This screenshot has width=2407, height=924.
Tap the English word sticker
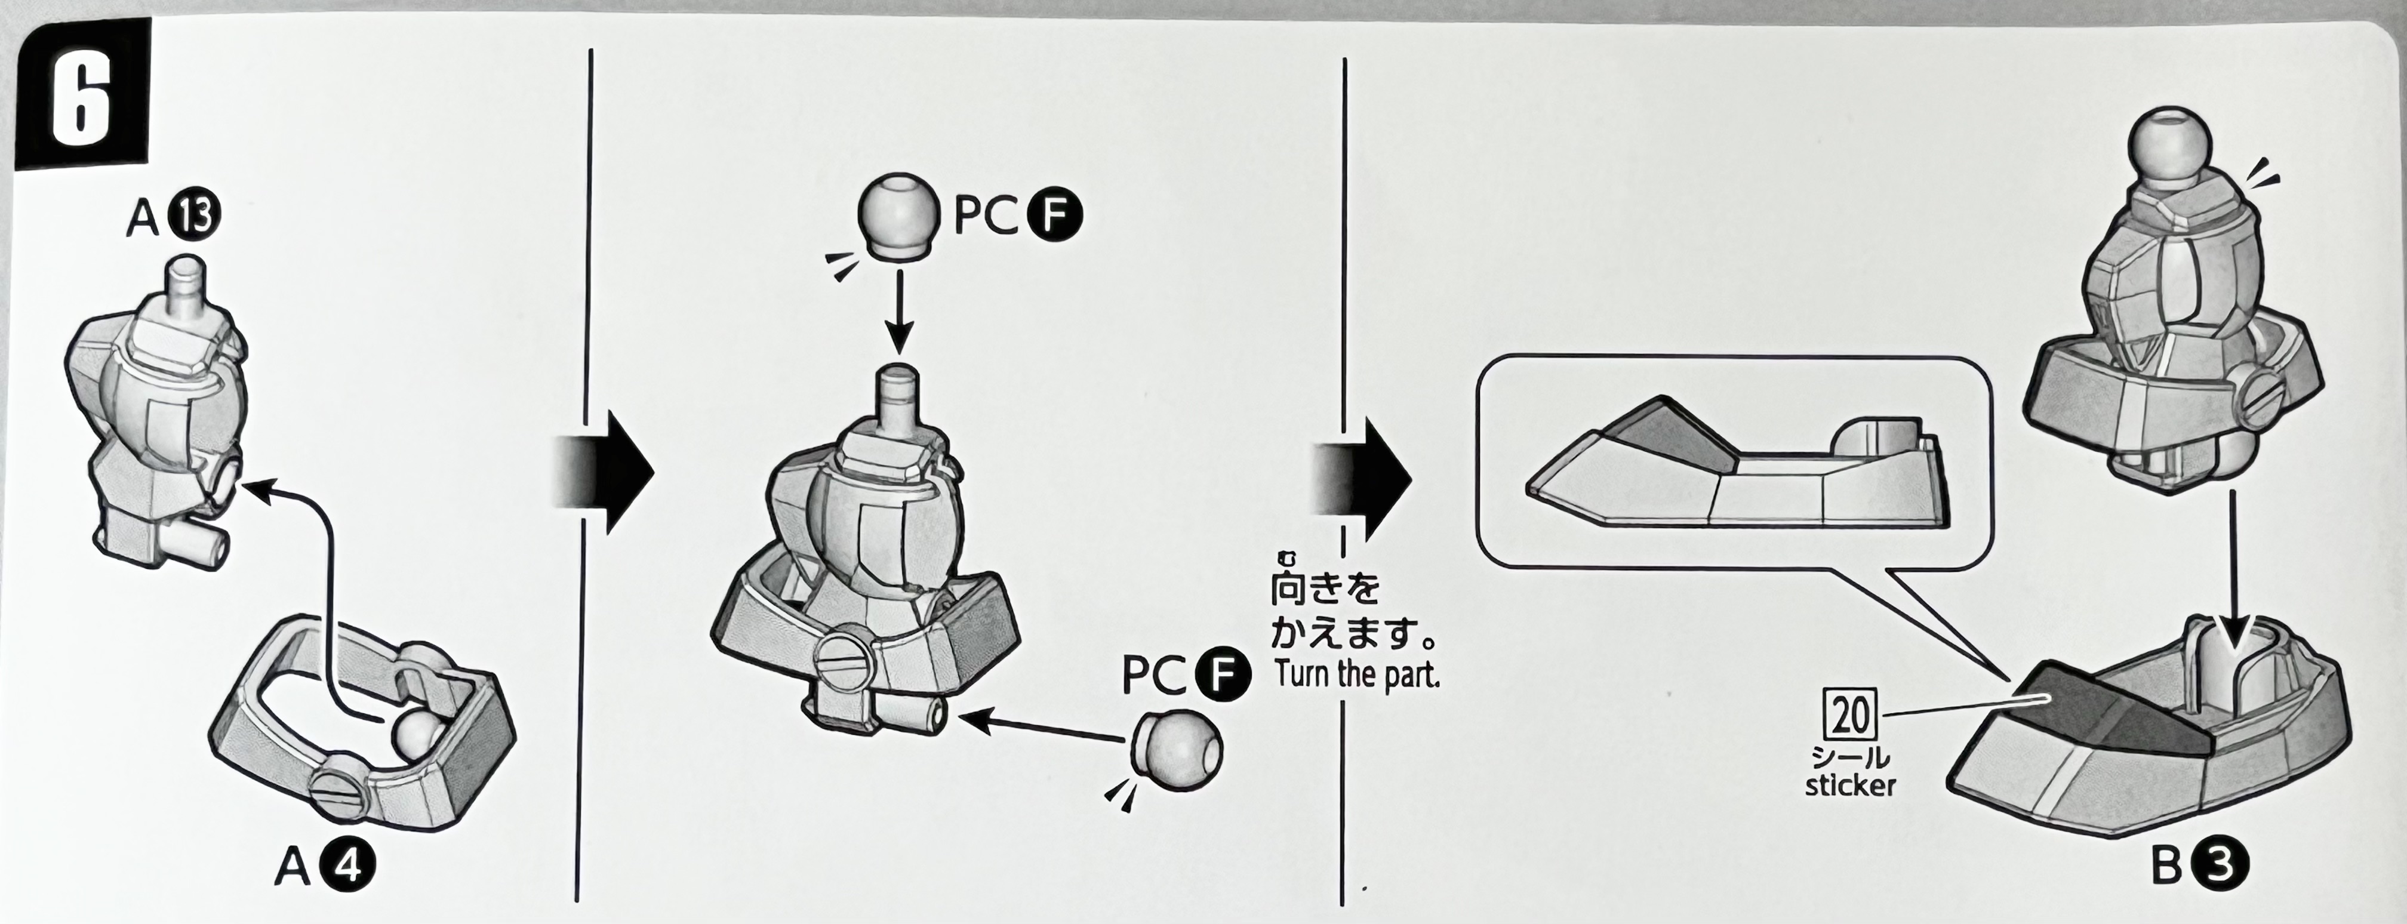[1850, 785]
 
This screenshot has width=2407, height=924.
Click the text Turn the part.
[1357, 674]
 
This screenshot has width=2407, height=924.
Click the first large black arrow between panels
[607, 474]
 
